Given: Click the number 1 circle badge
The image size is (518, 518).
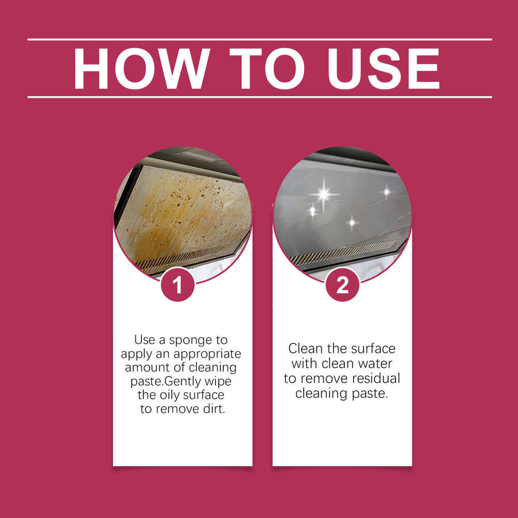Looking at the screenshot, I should tap(178, 285).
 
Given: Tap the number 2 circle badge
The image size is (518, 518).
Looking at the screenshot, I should tap(342, 285).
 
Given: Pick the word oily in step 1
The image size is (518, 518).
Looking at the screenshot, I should tap(171, 395).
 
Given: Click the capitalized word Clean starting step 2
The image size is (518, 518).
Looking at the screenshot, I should tap(308, 349).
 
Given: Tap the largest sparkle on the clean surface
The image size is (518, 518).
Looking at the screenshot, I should tap(324, 194).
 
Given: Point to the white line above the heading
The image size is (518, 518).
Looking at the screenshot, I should tap(259, 39).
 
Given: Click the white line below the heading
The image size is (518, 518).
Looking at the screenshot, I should tap(259, 97).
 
